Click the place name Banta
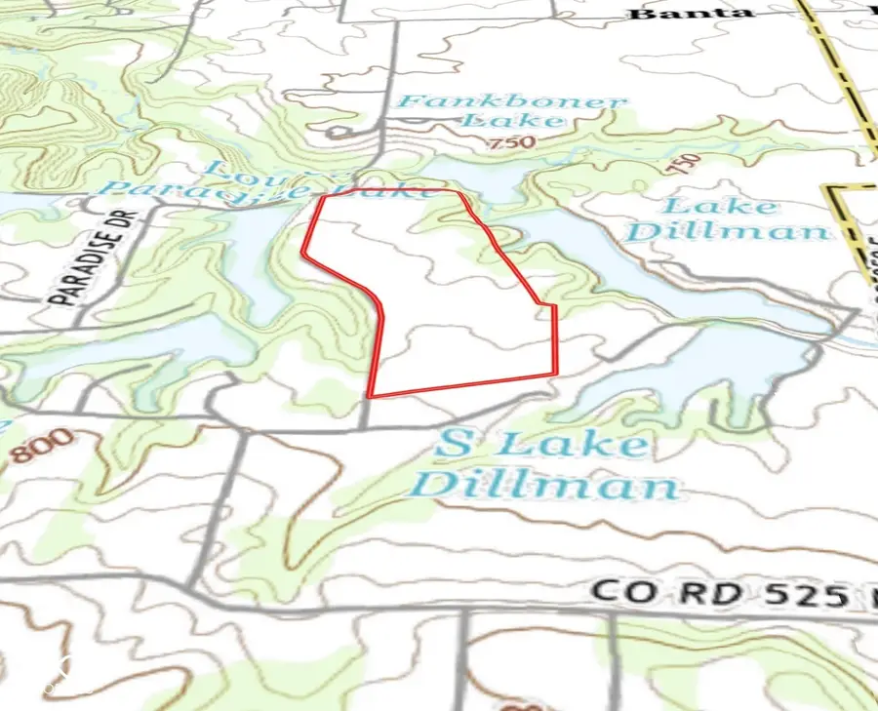coord(690,13)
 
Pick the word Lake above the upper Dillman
coord(721,206)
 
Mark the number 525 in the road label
coord(795,596)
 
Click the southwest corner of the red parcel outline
coord(370,396)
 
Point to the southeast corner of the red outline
coord(554,375)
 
